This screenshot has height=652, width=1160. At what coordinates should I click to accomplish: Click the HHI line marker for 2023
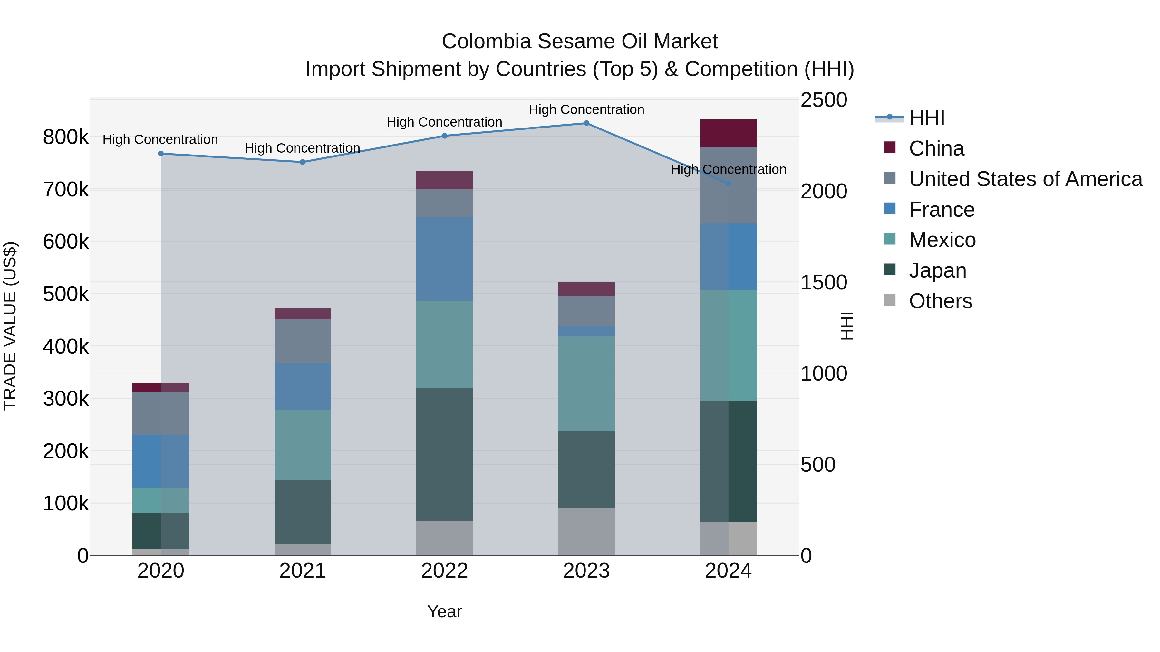coord(586,123)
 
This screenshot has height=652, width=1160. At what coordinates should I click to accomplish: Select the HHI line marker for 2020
coord(161,154)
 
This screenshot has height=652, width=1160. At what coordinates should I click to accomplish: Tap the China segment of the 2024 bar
coord(728,133)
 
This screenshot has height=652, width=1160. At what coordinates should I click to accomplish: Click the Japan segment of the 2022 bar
coord(444,454)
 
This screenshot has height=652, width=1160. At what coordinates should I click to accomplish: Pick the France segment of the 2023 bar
coord(586,332)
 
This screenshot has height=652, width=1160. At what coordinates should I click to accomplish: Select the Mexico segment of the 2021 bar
coord(303,445)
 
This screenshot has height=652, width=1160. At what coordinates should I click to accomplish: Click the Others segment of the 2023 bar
coord(586,532)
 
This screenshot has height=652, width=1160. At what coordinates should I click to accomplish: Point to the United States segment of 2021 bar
coord(303,341)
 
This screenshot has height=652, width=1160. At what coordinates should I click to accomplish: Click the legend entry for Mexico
coord(942,240)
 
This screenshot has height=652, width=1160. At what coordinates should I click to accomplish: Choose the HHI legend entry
coord(926,118)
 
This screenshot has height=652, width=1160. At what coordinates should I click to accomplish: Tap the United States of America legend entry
coord(1025,179)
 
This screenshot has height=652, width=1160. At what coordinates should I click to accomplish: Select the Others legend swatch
coord(890,300)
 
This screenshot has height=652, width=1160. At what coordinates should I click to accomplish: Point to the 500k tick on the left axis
coord(66,294)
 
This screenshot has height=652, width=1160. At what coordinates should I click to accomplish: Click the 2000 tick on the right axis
coord(824,191)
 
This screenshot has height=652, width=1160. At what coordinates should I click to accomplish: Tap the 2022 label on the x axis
coord(444,571)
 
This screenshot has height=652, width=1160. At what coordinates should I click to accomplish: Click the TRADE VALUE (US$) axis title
coord(10,326)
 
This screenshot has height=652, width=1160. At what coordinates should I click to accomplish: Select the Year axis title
coord(444,611)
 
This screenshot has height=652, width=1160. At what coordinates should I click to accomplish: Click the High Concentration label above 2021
coord(302,148)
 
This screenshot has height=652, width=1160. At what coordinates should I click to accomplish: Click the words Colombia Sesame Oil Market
coord(580,42)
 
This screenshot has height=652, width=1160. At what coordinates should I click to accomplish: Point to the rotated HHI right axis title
coord(846,326)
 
